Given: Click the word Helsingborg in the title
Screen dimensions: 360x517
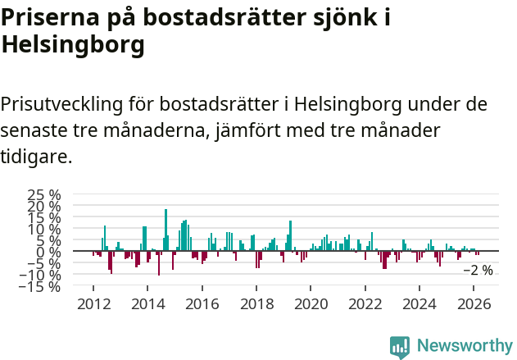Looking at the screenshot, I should pos(73,46).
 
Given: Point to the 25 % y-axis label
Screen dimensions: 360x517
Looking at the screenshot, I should pos(44,195).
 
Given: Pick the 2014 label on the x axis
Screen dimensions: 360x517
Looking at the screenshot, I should pos(147,303).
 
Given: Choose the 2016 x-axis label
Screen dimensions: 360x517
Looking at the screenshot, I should pos(202,303).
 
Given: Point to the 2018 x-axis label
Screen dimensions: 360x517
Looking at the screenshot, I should pos(256,303).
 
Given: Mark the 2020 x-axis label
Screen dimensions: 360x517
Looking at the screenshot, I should pos(311,303).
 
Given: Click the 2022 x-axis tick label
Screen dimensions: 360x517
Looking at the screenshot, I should pos(365,303).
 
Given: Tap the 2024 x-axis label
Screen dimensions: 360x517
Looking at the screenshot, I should pos(419,303).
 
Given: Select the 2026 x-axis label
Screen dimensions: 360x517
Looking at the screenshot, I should pos(474,303).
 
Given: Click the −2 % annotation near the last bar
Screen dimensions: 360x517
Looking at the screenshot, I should pos(478,270).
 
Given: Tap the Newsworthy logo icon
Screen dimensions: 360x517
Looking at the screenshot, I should pos(400,347).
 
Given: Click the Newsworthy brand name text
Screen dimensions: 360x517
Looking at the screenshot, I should pos(464,347).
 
